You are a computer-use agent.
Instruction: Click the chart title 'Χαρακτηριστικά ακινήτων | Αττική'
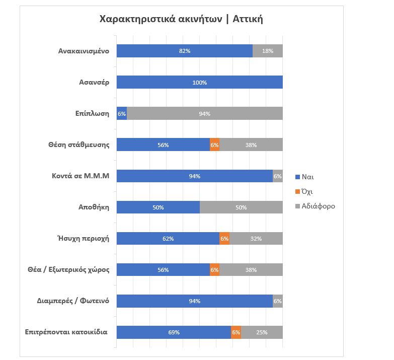182,20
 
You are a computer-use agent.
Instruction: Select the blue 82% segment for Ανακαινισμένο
184,51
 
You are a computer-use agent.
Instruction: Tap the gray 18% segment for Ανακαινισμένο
268,51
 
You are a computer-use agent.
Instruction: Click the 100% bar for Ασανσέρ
199,82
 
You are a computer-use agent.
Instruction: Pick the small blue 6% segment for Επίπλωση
121,113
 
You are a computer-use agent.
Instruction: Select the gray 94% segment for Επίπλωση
204,113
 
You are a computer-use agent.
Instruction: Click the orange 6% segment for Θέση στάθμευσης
214,145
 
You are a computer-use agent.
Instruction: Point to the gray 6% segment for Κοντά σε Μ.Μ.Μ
278,176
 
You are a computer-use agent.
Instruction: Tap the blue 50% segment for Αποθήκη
158,207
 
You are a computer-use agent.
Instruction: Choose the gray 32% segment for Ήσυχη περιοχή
256,239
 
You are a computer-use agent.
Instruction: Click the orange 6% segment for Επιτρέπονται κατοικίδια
236,332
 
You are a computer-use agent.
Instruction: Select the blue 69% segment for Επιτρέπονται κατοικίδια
174,332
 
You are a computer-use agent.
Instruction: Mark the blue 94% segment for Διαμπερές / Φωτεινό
194,301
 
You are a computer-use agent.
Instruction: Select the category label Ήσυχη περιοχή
84,239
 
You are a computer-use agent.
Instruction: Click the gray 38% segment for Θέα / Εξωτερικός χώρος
251,270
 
